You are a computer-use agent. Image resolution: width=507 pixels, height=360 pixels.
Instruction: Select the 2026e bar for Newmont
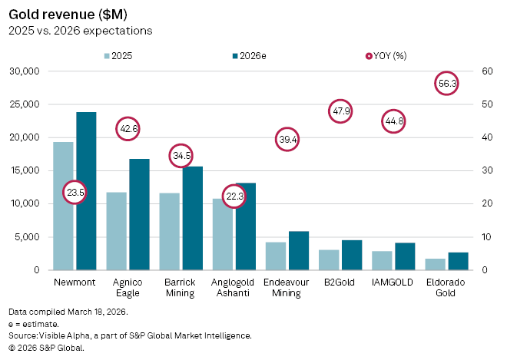coord(86,191)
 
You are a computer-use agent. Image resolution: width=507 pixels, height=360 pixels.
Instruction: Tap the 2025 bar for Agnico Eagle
coord(116,231)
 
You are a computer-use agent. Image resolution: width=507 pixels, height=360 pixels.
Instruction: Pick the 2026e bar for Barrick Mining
coord(192,218)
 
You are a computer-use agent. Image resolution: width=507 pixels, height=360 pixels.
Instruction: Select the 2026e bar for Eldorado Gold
coord(458,261)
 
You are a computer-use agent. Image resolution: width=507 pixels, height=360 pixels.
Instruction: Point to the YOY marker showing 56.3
coord(447,83)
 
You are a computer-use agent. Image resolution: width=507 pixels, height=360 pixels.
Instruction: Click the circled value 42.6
coord(128,129)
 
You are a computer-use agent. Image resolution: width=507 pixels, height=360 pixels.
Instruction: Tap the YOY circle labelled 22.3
coord(234,196)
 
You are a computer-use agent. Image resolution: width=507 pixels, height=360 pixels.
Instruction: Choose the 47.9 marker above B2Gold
coord(341,111)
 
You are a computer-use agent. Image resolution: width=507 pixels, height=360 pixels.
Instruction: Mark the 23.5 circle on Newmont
coord(75,192)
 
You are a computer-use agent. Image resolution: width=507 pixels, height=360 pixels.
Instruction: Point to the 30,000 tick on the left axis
coord(27,71)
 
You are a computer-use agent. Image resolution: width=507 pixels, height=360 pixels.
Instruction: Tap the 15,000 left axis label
coord(27,170)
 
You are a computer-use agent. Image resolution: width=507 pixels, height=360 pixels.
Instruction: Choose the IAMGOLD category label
coord(393,282)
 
